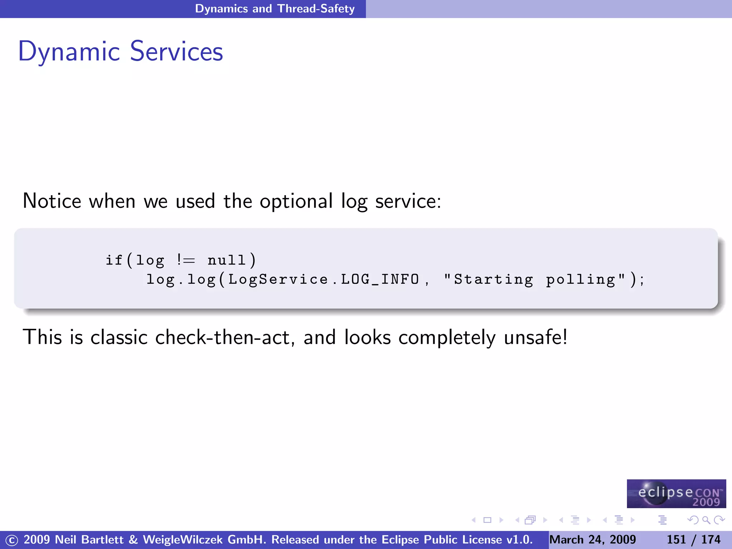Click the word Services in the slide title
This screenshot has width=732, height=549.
click(177, 52)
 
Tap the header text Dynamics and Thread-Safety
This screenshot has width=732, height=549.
click(274, 9)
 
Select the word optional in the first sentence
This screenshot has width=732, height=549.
click(296, 201)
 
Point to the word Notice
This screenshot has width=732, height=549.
click(52, 201)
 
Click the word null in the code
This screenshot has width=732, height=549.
click(227, 260)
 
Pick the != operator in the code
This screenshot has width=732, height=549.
click(186, 260)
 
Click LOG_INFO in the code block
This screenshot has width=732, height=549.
click(380, 279)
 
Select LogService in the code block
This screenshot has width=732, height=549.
click(278, 279)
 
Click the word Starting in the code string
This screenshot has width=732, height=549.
click(493, 280)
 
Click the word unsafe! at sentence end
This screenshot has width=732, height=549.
click(535, 337)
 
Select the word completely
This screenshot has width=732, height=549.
click(447, 338)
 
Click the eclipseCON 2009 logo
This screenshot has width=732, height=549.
click(676, 494)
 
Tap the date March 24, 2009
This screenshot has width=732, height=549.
click(593, 539)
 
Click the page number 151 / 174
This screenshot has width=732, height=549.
click(693, 539)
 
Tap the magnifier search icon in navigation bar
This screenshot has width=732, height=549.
click(706, 520)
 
